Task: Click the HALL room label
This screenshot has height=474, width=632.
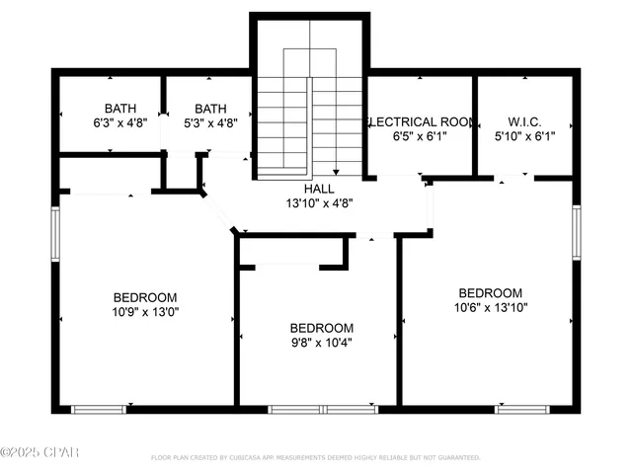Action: pos(318,188)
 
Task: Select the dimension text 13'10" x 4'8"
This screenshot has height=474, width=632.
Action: pos(318,202)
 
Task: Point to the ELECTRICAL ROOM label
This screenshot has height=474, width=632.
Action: pos(421,121)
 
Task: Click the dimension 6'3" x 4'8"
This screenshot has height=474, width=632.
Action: pos(120,123)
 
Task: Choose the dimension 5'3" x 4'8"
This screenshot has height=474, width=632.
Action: pos(210,123)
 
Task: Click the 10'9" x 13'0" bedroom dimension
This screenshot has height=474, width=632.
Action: pos(145,311)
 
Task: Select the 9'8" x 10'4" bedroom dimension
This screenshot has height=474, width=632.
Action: pos(321,343)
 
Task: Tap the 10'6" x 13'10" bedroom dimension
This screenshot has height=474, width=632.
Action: pos(490,307)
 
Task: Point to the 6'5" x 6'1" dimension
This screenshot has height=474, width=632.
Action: pos(421,136)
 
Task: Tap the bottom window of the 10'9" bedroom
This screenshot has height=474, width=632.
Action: pos(99,408)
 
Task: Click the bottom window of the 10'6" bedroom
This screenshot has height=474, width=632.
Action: pos(521,408)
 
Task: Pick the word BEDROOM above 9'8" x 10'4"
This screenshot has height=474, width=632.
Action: pos(321,328)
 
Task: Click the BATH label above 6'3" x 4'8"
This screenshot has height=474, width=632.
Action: pos(120,109)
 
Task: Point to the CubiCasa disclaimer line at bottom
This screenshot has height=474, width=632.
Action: pos(315,457)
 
